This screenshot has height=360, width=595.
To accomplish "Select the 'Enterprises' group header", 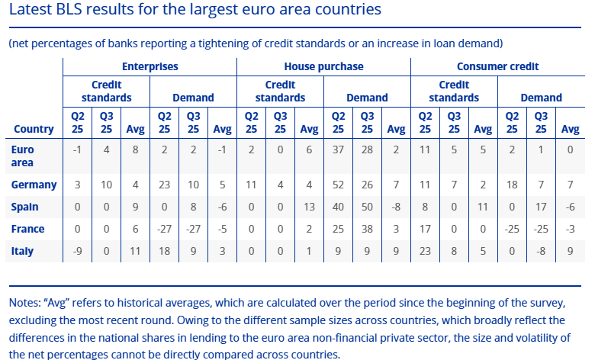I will pyautogui.click(x=150, y=66).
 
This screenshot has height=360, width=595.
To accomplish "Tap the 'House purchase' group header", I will pyautogui.click(x=323, y=66).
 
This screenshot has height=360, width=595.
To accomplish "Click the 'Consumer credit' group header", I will pyautogui.click(x=497, y=66).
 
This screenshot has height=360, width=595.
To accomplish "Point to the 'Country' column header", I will pyautogui.click(x=34, y=129).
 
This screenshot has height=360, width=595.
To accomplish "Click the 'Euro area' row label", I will pyautogui.click(x=23, y=156).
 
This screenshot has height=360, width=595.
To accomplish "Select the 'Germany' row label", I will pyautogui.click(x=34, y=185).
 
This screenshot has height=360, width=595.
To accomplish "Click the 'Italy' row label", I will pyautogui.click(x=24, y=251).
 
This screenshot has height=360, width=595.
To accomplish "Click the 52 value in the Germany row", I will pyautogui.click(x=337, y=185).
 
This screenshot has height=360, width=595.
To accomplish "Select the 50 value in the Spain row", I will pyautogui.click(x=367, y=207).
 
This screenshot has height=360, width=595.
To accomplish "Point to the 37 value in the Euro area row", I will pyautogui.click(x=337, y=151).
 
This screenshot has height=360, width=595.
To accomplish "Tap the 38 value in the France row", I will pyautogui.click(x=367, y=229).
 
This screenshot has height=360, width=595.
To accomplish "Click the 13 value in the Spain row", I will pyautogui.click(x=309, y=207).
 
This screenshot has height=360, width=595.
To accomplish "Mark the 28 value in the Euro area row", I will pyautogui.click(x=367, y=151).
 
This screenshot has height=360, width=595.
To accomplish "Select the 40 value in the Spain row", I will pyautogui.click(x=337, y=207).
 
